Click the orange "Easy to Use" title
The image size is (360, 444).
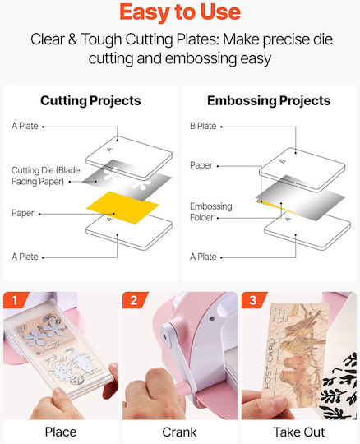180,12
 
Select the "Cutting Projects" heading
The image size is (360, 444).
90,101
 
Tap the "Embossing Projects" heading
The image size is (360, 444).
269,101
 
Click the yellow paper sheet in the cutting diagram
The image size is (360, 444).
122,207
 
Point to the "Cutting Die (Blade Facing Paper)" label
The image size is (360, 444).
45,176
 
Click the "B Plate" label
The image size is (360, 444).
203,126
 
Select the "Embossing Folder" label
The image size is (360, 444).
211,211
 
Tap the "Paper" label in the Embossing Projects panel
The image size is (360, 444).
201,165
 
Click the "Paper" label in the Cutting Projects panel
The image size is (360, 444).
23,213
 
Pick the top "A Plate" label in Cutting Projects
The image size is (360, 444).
25,126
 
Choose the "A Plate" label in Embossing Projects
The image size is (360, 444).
203,257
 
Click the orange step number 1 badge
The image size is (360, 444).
16,300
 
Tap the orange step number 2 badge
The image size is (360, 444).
135,300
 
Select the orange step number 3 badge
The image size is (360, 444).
254,300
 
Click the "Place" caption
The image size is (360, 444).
61,432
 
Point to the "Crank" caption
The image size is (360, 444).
179,432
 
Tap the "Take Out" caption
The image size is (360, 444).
299,432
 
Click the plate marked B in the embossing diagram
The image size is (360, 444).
302,169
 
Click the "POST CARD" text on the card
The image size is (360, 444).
269,363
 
